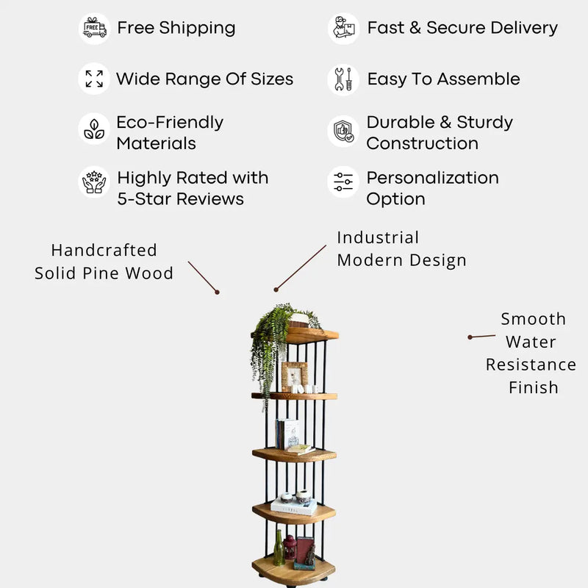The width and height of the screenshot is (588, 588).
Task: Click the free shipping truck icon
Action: point(95,28)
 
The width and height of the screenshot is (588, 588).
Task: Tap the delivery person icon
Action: point(343,28)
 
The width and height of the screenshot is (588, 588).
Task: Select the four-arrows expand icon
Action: point(94,79)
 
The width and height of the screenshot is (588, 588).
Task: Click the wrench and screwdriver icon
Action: point(343,79)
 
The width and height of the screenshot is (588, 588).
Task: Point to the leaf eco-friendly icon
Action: point(94,129)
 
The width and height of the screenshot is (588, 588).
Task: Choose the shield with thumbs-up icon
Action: point(343,132)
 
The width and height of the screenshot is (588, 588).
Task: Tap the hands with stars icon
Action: point(94,182)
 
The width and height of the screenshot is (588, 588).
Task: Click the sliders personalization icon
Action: point(343,182)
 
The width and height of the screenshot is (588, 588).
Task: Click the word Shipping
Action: point(197,29)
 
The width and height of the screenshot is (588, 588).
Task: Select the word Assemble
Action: point(478,79)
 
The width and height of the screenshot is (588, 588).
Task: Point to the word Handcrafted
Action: point(104,251)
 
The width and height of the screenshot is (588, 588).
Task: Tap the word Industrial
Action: point(378,237)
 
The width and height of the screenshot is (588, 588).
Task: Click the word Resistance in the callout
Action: point(531,365)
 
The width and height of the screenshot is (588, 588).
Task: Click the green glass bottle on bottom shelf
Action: point(279,548)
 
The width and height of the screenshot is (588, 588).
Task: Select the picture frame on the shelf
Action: point(295,376)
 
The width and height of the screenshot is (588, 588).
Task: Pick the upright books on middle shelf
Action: point(287,434)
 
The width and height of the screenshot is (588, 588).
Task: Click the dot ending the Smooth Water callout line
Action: point(470,337)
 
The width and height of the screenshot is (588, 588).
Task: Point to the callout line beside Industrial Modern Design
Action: point(301,268)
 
